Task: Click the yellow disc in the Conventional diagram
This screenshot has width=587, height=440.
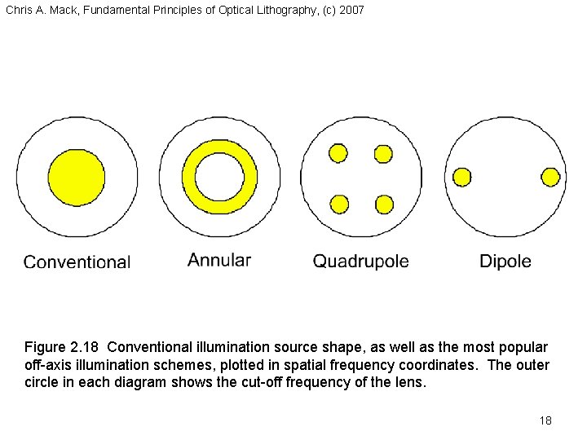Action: click(77, 177)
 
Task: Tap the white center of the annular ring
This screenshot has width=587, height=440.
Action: click(219, 178)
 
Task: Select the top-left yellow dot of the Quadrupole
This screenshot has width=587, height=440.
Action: click(338, 153)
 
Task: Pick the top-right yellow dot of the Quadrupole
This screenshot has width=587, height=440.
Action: click(383, 153)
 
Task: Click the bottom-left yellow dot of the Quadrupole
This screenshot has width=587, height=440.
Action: click(338, 204)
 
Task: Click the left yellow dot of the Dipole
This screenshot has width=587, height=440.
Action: click(462, 177)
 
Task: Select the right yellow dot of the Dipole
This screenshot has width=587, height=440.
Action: click(550, 177)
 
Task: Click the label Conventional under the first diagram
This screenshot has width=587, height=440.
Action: click(77, 262)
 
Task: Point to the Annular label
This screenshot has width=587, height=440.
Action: click(219, 261)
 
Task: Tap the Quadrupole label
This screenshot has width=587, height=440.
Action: click(361, 262)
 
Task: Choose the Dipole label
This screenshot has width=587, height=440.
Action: click(505, 262)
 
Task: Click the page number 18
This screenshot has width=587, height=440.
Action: click(545, 420)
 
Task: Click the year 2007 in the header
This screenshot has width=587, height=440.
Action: click(351, 10)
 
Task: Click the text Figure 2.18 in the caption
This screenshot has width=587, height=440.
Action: click(62, 348)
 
